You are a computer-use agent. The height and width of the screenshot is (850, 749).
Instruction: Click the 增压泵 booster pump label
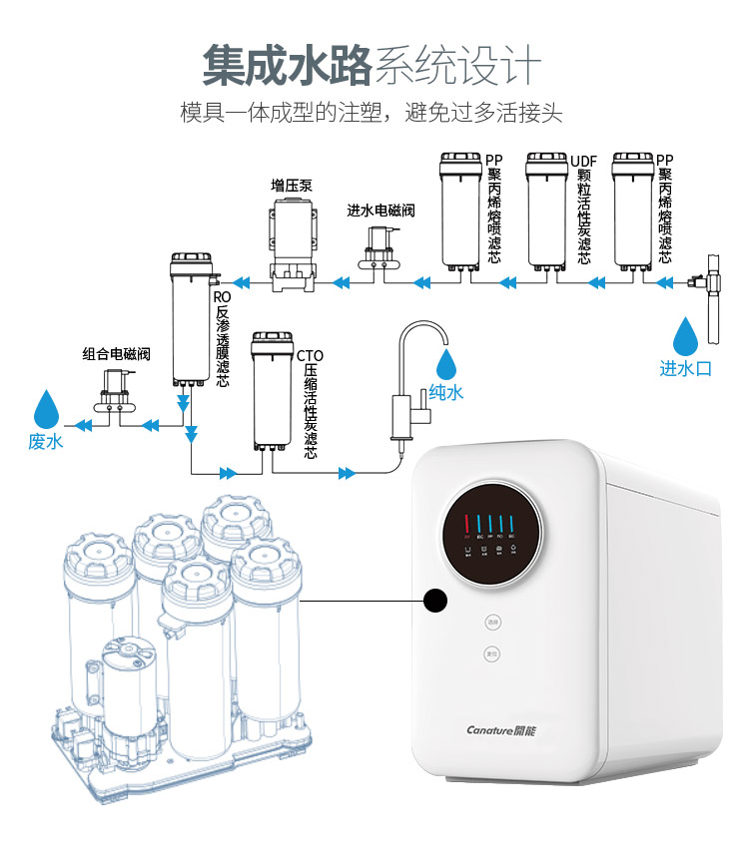click(293, 186)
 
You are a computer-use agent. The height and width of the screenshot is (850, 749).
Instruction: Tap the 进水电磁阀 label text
click(380, 211)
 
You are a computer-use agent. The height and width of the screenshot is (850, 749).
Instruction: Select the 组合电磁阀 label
click(116, 354)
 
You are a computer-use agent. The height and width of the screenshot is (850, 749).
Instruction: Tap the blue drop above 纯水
click(445, 360)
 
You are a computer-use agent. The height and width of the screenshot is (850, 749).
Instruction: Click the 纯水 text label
click(445, 392)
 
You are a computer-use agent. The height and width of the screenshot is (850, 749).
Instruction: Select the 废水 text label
click(46, 441)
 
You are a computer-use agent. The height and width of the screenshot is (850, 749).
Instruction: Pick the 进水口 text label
click(685, 369)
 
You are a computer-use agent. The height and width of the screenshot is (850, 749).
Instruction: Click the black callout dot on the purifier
click(434, 601)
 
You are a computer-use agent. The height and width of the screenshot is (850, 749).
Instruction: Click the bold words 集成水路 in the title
click(287, 66)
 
